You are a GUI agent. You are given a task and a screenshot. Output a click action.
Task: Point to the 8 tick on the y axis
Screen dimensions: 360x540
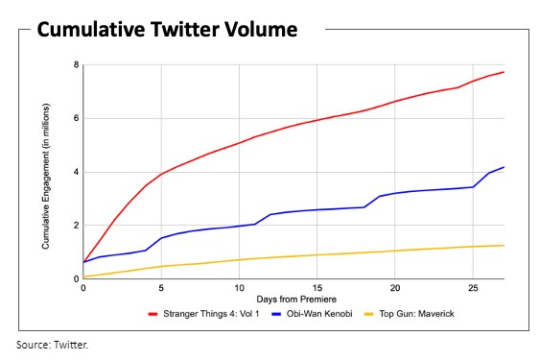point(76,65)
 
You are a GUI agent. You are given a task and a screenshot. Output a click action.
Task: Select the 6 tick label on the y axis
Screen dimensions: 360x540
point(76,119)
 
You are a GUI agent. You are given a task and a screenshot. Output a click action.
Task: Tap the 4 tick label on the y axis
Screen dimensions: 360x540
point(76,173)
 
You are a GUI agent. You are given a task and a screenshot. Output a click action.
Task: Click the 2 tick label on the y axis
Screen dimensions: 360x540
point(76,226)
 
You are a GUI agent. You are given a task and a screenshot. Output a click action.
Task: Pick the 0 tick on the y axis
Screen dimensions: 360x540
point(76,279)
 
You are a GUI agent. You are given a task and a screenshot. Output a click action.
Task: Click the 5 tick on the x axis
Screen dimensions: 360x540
point(161,288)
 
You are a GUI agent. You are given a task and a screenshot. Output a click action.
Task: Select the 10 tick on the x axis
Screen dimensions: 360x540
point(239,288)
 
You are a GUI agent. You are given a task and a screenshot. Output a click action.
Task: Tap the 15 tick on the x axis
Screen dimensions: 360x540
point(317,288)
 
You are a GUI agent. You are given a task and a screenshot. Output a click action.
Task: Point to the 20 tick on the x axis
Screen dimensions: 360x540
point(394,288)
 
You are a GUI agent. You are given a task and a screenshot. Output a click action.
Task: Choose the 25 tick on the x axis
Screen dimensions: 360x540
point(472,288)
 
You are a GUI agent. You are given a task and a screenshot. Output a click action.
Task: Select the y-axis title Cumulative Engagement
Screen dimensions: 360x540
point(46,173)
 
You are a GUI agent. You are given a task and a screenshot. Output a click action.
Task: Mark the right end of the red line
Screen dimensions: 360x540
point(504,72)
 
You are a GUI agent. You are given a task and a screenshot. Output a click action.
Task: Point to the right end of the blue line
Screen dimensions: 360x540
point(504,167)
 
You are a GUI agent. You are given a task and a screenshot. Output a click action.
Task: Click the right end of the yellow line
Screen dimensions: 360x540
point(504,245)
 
